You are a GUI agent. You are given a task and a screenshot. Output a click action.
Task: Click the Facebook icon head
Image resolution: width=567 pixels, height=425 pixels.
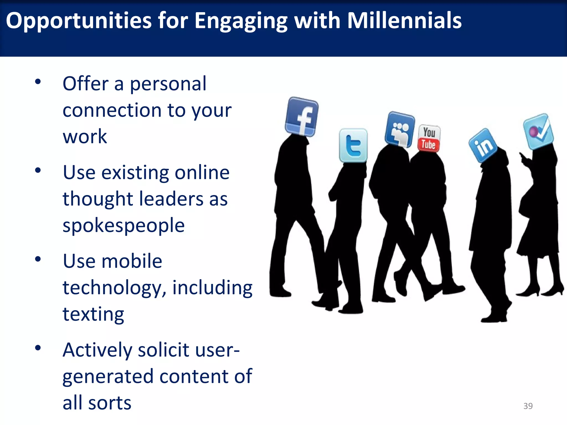(302, 117)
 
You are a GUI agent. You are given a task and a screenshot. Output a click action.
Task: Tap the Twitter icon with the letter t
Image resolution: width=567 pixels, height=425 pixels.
(353, 146)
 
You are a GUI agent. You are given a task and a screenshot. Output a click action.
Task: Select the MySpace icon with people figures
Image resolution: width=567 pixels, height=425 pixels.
(400, 129)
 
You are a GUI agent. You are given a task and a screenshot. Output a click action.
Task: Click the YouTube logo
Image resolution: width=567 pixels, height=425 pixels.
(429, 138)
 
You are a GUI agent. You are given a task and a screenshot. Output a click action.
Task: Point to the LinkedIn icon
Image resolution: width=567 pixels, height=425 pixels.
(483, 146)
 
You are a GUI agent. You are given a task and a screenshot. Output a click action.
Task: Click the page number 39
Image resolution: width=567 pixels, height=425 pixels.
(528, 406)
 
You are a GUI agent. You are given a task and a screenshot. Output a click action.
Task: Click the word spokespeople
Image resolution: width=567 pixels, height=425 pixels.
(123, 225)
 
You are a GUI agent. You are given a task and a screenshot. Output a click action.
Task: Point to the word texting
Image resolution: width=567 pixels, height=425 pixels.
(93, 314)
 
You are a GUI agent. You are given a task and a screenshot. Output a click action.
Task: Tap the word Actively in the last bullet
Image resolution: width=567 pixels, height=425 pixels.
(97, 350)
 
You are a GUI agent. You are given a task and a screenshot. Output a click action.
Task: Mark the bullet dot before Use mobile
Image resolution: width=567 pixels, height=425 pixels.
(38, 259)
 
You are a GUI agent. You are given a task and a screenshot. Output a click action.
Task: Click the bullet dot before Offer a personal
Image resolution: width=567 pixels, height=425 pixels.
(38, 82)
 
